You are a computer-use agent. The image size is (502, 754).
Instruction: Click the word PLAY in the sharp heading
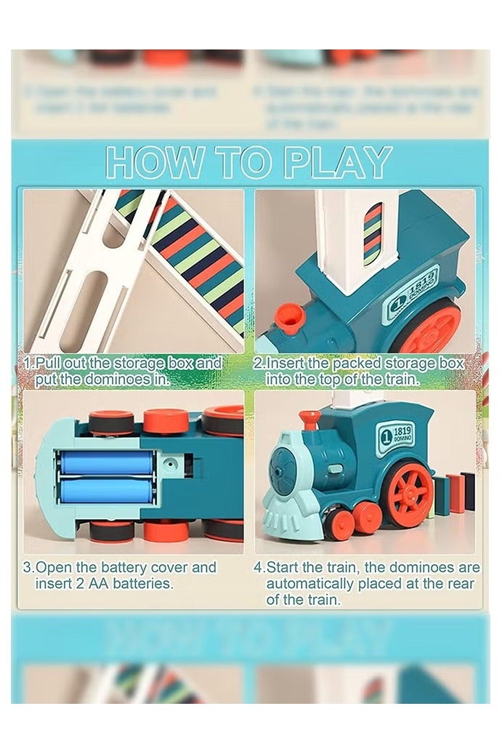(x=337, y=162)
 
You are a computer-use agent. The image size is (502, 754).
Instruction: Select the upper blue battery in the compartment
(x=106, y=463)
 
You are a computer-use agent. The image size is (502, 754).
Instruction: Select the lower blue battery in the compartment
(x=106, y=489)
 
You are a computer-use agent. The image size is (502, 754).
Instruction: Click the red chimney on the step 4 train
(x=309, y=420)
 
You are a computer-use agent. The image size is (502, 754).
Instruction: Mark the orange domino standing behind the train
(x=452, y=496)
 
